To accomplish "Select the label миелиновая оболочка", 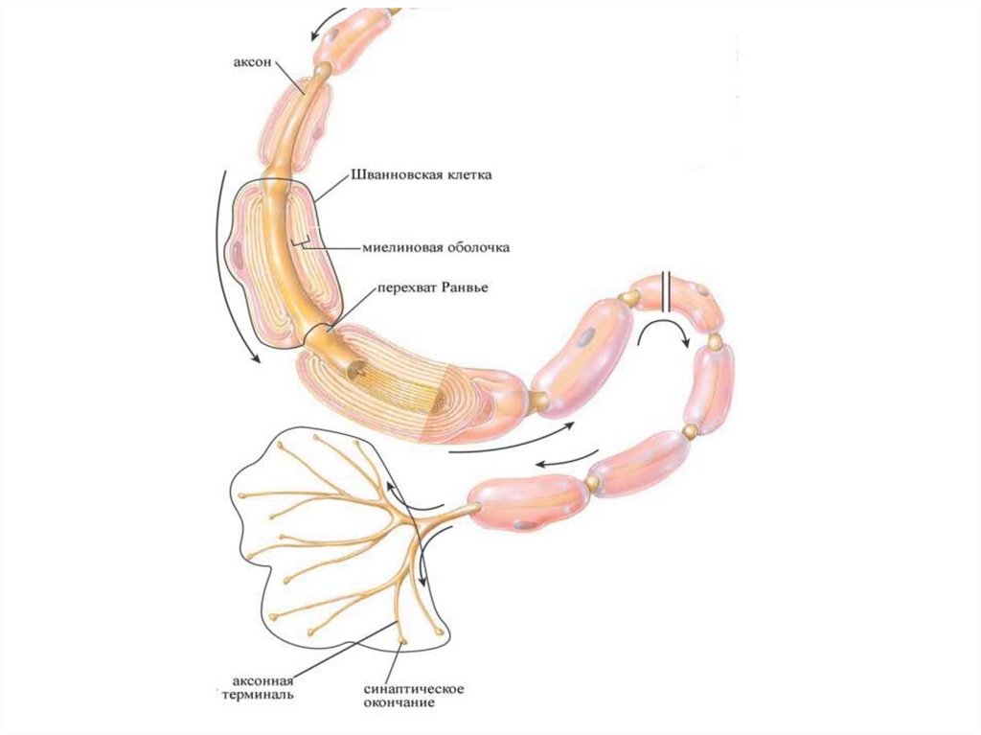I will [436, 247].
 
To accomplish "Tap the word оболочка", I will [476, 247].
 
